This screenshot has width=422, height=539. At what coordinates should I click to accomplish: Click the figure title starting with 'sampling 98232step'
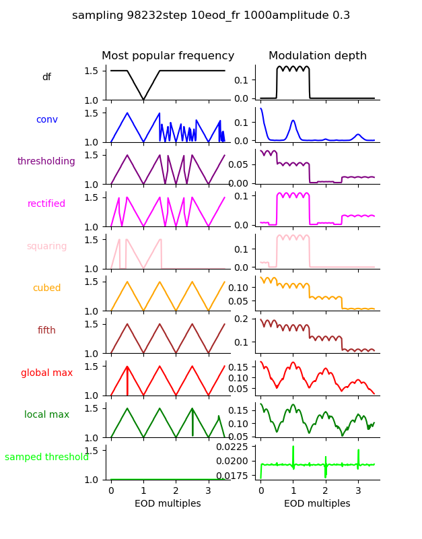(x=211, y=15)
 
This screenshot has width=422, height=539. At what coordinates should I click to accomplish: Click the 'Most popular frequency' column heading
(x=168, y=56)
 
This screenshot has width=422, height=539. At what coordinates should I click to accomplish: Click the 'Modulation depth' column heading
(x=318, y=56)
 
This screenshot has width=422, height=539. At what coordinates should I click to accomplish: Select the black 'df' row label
(x=46, y=77)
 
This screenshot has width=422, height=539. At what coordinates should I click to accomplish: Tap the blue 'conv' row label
(x=46, y=120)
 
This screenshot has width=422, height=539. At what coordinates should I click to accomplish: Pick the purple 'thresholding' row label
(x=46, y=162)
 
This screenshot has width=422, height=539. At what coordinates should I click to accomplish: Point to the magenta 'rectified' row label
(x=46, y=204)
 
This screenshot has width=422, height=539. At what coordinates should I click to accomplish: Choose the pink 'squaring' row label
(x=46, y=247)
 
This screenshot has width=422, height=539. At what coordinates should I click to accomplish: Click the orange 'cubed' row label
(x=46, y=288)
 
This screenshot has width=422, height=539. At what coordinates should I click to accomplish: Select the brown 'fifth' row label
(x=46, y=331)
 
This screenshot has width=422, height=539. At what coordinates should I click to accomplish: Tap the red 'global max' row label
(x=46, y=373)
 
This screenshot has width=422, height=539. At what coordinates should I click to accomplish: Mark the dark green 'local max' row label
(x=46, y=415)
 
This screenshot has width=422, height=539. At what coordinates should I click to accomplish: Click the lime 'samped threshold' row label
(x=46, y=457)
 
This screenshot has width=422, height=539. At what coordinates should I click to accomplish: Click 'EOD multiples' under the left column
(x=168, y=504)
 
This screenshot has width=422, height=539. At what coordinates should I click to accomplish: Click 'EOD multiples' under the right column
(x=317, y=504)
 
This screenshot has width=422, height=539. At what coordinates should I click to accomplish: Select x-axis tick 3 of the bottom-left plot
(x=208, y=490)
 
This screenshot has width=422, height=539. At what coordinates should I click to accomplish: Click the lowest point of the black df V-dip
(x=143, y=100)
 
